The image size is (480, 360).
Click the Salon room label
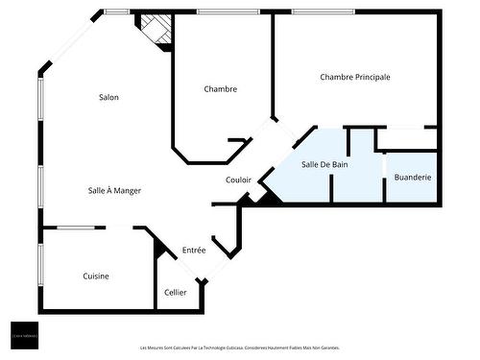pyautogui.click(x=108, y=97)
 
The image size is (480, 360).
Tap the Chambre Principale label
pyautogui.click(x=355, y=77)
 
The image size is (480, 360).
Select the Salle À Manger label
pyautogui.click(x=114, y=190)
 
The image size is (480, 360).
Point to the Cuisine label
pyautogui.click(x=95, y=276)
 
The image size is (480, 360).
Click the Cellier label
pyautogui.click(x=175, y=292)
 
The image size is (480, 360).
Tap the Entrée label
pyautogui.click(x=194, y=251)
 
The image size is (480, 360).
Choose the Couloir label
pyautogui.click(x=238, y=180)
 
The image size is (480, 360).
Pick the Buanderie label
pyautogui.click(x=413, y=178)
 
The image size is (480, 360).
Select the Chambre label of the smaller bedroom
pyautogui.click(x=221, y=89)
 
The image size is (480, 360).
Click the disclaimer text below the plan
pyautogui.click(x=239, y=348)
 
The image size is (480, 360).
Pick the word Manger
pyautogui.click(x=128, y=190)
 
